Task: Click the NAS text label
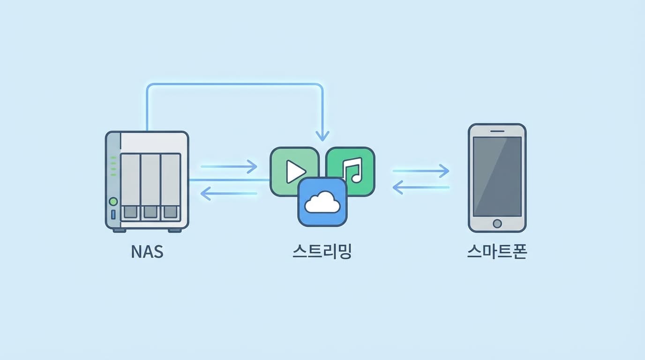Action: tap(147, 252)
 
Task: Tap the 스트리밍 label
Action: tap(322, 252)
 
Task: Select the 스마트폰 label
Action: tap(497, 252)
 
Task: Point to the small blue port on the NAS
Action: tap(113, 215)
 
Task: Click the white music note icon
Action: tap(352, 170)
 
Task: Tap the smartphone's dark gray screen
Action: tap(497, 176)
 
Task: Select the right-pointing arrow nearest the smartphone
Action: tap(420, 171)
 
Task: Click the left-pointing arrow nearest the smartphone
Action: tap(420, 188)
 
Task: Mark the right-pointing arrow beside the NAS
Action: tap(229, 166)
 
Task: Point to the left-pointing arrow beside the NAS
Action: tap(229, 193)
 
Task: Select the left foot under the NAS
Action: tap(120, 230)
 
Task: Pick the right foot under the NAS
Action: tap(174, 230)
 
